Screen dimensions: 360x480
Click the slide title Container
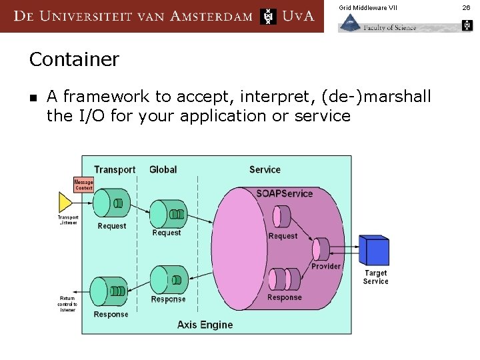[x=74, y=59]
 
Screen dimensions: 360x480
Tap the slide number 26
[x=466, y=7]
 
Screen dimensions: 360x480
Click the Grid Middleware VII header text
[x=367, y=7]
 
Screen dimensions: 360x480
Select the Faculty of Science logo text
[x=389, y=27]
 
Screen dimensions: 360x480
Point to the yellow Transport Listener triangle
[x=65, y=203]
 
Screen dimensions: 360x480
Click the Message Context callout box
[x=83, y=185]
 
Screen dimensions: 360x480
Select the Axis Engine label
[x=205, y=325]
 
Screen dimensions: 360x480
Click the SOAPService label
[x=284, y=193]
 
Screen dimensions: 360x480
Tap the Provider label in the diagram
[x=326, y=266]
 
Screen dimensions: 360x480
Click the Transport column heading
[x=115, y=170]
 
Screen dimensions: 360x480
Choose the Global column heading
[x=163, y=170]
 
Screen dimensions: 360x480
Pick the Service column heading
[x=265, y=170]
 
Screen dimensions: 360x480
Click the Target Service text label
[x=375, y=277]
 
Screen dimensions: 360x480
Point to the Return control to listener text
[x=67, y=304]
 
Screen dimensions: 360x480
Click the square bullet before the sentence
[x=33, y=98]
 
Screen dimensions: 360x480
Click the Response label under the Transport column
[x=111, y=314]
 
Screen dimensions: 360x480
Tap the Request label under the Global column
[x=167, y=233]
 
